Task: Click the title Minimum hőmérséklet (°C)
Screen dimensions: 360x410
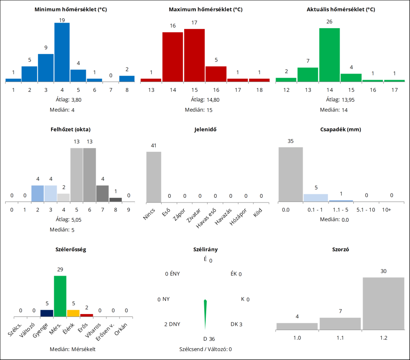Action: tap(71, 9)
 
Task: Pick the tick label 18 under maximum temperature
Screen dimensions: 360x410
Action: tap(259, 90)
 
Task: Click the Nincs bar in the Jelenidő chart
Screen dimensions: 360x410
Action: tap(154, 177)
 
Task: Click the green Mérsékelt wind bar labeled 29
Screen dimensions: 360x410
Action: tap(60, 296)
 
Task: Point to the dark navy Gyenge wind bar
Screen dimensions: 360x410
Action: tap(47, 313)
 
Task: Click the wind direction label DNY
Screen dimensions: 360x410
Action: tap(172, 324)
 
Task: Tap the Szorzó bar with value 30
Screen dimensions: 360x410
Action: tap(383, 304)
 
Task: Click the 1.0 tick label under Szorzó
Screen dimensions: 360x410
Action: tap(297, 337)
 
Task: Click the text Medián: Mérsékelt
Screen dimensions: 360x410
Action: tap(73, 349)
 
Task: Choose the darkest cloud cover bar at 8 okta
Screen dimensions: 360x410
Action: tap(116, 199)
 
